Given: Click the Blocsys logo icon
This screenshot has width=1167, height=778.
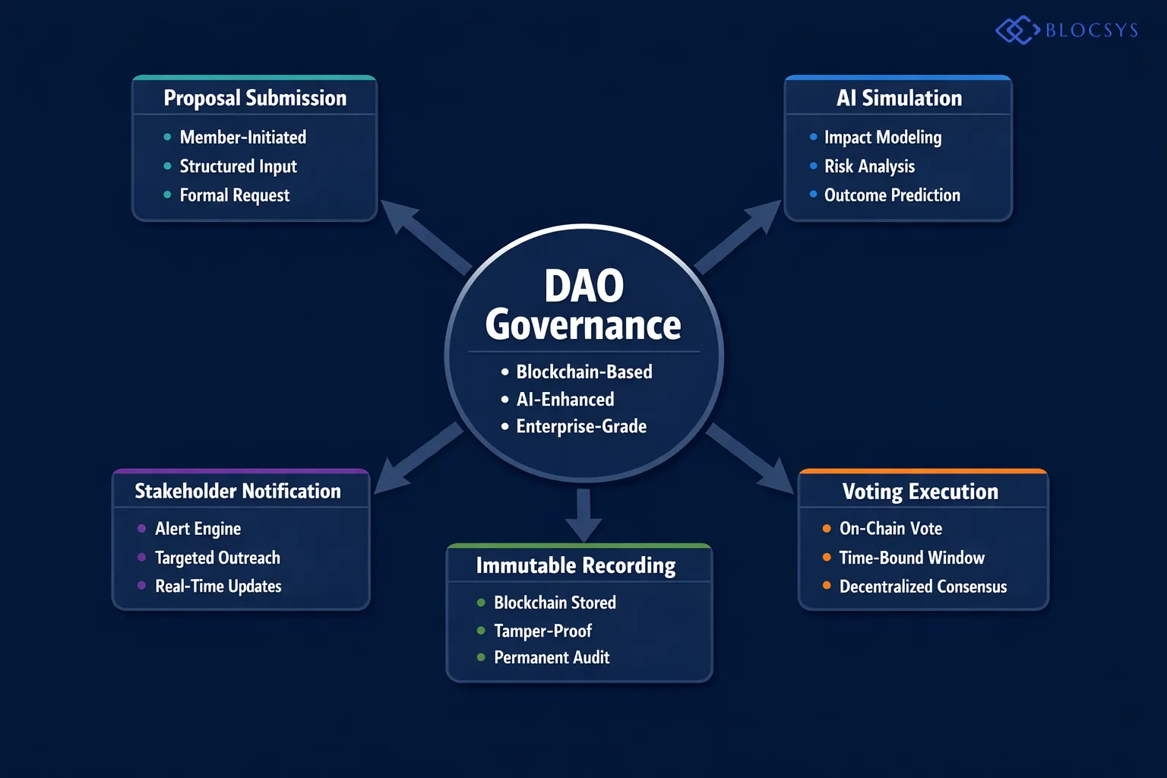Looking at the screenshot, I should [x=1017, y=30].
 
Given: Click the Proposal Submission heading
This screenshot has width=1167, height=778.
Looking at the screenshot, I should [x=255, y=98].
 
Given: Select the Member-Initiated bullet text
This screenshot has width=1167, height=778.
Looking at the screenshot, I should [x=242, y=138].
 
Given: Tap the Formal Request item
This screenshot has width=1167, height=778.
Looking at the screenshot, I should [x=234, y=195].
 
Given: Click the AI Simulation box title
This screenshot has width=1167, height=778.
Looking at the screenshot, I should [x=899, y=98].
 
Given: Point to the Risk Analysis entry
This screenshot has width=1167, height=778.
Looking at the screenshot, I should [x=869, y=166].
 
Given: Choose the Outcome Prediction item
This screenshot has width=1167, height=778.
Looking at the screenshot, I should [x=892, y=195].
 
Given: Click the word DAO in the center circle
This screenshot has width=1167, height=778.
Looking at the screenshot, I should [x=583, y=286].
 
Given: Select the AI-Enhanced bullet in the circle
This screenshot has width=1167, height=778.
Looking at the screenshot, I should [x=565, y=400].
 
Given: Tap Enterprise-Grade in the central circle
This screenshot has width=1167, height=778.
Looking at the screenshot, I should [x=581, y=427].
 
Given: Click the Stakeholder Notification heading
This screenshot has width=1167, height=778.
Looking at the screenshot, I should [x=238, y=492].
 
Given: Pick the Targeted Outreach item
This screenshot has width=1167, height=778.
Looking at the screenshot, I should [x=217, y=558].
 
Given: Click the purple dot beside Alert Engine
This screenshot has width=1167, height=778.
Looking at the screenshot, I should [x=141, y=529].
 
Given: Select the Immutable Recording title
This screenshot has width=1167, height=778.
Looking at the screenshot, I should [x=575, y=566].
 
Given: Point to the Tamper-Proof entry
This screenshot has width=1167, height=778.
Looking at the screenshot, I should [x=542, y=631].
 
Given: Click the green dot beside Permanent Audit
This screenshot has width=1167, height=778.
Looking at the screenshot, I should [x=481, y=657].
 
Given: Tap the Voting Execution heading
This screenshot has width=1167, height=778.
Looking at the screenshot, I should [x=920, y=492].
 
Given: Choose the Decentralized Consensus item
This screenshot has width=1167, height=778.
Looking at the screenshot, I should [x=922, y=587].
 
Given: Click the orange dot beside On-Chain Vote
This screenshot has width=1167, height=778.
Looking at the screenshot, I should [x=827, y=529].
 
